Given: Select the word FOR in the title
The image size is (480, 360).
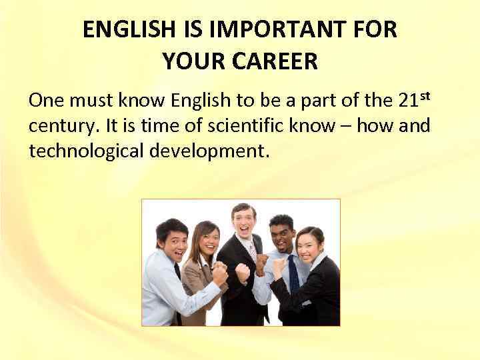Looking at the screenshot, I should click(x=377, y=31).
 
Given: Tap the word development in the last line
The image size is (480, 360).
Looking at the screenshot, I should click(x=207, y=150).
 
